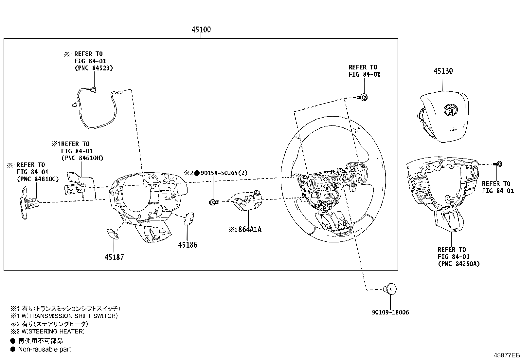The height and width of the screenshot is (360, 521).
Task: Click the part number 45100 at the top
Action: click(x=201, y=29)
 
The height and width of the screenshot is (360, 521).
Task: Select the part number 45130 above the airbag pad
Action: click(x=443, y=71)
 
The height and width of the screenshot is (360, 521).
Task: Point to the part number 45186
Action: click(x=188, y=245)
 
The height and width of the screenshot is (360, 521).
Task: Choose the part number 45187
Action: click(x=114, y=257)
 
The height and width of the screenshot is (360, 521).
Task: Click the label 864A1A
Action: click(x=250, y=229)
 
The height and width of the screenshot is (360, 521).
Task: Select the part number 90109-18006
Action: click(x=390, y=312)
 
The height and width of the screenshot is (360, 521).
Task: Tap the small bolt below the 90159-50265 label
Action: click(x=214, y=202)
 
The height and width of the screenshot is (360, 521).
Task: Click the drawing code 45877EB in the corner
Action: click(x=507, y=355)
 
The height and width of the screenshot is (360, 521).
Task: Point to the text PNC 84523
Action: click(x=94, y=68)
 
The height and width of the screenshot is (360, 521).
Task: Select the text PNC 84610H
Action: click(x=82, y=158)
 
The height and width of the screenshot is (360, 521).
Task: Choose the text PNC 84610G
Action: click(x=38, y=179)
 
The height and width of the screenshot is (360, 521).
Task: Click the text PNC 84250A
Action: click(x=459, y=264)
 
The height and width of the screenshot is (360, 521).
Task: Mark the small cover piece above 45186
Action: click(x=189, y=219)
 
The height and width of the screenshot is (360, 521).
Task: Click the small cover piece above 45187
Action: click(x=113, y=234)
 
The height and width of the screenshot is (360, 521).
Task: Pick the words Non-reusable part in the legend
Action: click(x=45, y=349)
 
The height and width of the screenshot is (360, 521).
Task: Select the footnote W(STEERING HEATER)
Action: click(x=53, y=331)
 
